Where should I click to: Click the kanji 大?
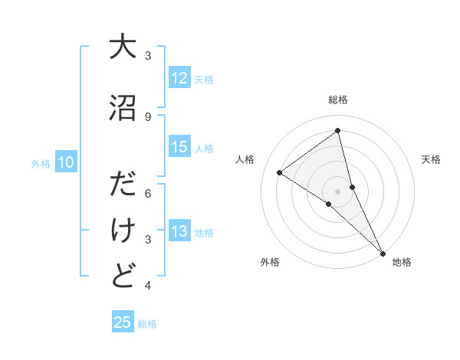point(123,47)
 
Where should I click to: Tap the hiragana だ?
point(123,186)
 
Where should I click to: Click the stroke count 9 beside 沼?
point(148,116)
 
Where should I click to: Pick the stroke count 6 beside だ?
point(148,194)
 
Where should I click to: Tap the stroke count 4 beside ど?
point(148,286)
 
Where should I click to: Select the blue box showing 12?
point(179,78)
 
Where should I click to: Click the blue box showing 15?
point(179,147)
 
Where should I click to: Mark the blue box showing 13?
point(179,232)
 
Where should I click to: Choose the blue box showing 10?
point(66,162)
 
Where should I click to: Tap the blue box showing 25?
point(123,322)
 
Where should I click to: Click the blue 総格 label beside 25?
point(147,324)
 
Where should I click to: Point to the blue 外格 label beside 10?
point(41,164)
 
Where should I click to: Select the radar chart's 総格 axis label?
point(338,100)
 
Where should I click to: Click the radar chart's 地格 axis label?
point(402,262)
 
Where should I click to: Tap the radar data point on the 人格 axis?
point(280,172)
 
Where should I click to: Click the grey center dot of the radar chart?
point(337,191)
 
